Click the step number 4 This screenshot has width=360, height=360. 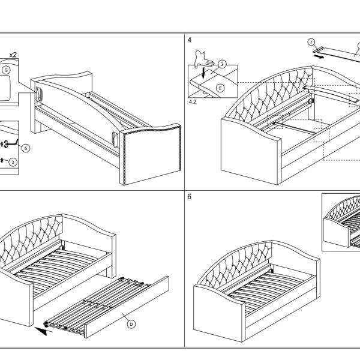tap(190, 40)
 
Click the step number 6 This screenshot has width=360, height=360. tap(189, 197)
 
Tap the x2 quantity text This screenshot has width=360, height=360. tap(13, 55)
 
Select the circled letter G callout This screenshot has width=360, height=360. tap(6, 70)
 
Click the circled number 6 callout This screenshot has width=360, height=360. tap(26, 148)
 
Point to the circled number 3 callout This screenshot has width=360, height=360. tap(13, 163)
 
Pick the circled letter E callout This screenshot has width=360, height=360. tap(220, 88)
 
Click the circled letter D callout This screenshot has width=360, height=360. tap(131, 324)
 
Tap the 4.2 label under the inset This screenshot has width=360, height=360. tap(193, 102)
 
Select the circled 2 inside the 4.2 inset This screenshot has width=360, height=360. tap(222, 64)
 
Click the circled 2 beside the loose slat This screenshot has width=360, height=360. tap(311, 42)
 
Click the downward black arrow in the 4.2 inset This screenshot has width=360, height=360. tap(203, 73)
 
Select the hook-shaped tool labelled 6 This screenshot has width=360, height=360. tap(10, 143)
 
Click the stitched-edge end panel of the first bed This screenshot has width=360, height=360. tap(150, 154)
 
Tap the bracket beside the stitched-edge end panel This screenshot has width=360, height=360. tap(115, 139)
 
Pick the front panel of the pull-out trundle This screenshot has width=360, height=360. tap(127, 307)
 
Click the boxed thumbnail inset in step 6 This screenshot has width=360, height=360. tap(341, 222)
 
